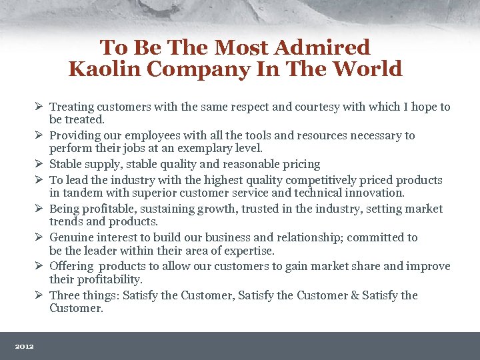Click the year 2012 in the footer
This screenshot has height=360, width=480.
25,346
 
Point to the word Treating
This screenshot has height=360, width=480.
72,107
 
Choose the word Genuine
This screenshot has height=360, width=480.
71,237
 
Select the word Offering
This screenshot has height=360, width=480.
71,266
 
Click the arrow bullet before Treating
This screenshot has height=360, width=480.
40,107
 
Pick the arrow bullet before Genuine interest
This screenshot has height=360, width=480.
40,237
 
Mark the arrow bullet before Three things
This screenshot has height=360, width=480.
40,295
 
